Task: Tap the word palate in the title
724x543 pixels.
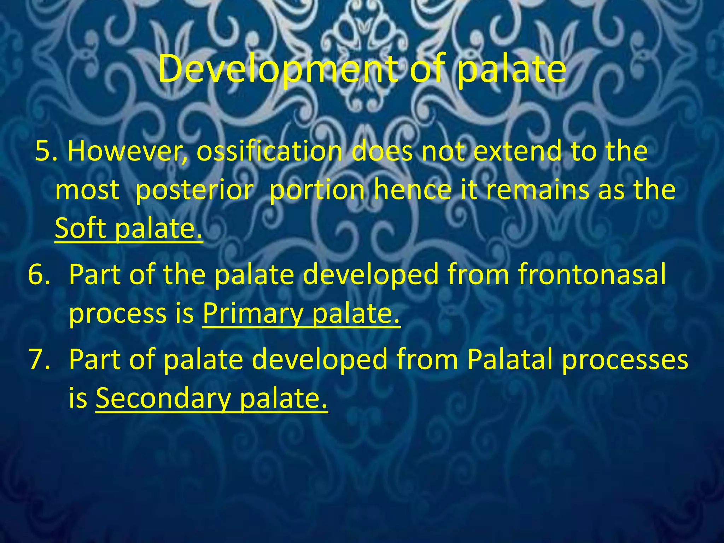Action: point(511,69)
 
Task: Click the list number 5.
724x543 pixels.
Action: point(46,151)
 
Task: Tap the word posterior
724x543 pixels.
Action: point(194,190)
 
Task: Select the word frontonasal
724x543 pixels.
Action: point(592,274)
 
